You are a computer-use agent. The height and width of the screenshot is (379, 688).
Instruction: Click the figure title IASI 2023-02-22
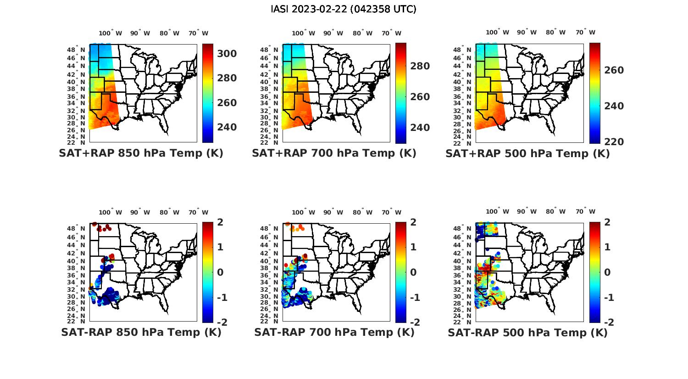(x=344, y=9)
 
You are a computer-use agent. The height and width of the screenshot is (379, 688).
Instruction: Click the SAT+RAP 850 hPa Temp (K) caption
(x=141, y=153)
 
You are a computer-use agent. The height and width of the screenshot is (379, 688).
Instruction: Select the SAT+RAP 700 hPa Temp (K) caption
(x=334, y=153)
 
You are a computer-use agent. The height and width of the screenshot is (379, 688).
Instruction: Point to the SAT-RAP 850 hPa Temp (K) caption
(x=141, y=332)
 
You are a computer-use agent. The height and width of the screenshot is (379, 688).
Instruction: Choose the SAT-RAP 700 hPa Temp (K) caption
(x=334, y=332)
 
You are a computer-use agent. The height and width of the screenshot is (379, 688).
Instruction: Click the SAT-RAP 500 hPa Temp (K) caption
(x=527, y=333)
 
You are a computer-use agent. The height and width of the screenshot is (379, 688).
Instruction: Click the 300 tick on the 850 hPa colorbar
(x=227, y=54)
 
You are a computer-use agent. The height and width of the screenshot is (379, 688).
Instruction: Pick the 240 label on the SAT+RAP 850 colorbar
(x=227, y=127)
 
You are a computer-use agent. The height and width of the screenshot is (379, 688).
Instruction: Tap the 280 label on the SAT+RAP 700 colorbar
(x=420, y=66)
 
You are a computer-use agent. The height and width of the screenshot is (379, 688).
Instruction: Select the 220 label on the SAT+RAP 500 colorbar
(x=614, y=142)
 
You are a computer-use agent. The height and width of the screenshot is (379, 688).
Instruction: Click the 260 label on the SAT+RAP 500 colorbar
(x=614, y=70)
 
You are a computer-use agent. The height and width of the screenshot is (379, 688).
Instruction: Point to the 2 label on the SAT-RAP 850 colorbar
(x=221, y=222)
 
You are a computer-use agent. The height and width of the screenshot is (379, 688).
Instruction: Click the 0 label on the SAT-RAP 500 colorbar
(x=607, y=272)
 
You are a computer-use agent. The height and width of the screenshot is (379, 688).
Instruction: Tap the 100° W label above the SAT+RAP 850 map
(x=111, y=33)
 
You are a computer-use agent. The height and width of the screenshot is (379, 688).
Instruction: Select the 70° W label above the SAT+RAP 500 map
(x=585, y=32)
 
